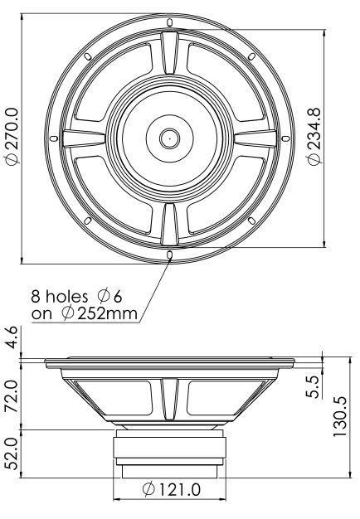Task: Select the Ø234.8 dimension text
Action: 315,137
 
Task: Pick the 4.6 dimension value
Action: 12,338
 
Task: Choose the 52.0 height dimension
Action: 12,454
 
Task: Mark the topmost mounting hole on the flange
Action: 169,21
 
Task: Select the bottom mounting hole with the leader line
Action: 169,254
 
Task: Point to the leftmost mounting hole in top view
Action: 53,137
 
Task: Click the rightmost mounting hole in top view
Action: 286,137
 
